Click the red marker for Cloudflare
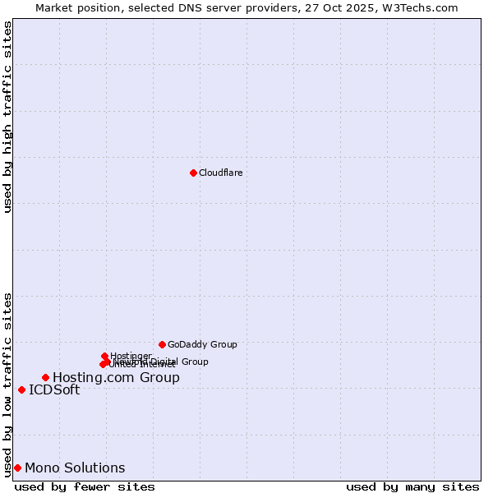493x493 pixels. click(193, 173)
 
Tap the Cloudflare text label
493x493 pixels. click(220, 173)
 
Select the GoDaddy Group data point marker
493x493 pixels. click(162, 344)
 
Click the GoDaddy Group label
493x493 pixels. click(202, 344)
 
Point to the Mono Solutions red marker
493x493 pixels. click(17, 468)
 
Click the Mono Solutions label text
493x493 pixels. click(75, 468)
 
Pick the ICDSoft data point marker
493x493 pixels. click(21, 389)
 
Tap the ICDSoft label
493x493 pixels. click(54, 389)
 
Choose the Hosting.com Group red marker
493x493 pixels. click(45, 377)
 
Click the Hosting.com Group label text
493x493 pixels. click(116, 377)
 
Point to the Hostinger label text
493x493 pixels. click(131, 356)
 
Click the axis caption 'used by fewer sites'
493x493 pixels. click(85, 486)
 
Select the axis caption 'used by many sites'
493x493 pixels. click(412, 486)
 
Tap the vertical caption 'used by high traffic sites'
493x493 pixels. click(7, 117)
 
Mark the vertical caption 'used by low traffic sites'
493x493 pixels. click(7, 384)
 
